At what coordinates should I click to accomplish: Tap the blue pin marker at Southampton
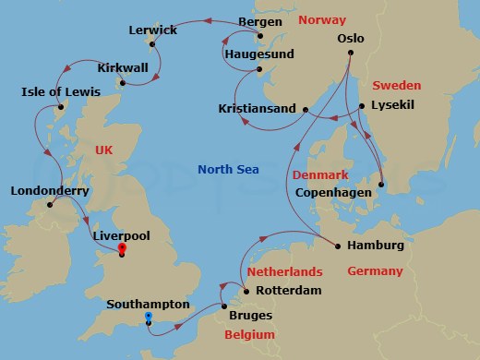pos(147,318)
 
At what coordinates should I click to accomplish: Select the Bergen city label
pos(260,21)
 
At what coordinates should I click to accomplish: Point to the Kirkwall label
pos(124,68)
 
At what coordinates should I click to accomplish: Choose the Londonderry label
pos(49,192)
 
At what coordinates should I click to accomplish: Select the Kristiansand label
pos(258,109)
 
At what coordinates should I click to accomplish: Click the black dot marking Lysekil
pos(361,105)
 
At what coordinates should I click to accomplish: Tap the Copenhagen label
pos(334,193)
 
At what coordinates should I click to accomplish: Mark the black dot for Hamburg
pos(338,246)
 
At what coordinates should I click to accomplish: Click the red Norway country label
pos(323,19)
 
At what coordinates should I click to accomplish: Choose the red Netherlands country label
pos(284,271)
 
